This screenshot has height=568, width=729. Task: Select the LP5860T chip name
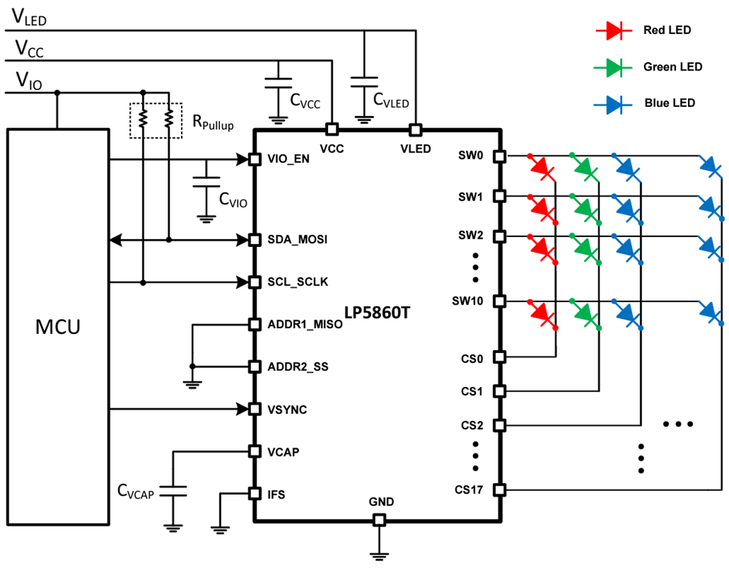376,312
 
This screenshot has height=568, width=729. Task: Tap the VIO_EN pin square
253,159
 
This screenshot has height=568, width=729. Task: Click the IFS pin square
253,494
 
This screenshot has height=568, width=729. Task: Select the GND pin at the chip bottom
378,520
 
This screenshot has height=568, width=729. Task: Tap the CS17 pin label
469,490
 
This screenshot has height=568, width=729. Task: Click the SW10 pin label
468,301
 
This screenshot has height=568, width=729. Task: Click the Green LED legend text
672,67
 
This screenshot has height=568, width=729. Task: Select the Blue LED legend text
669,104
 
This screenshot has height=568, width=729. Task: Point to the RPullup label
213,122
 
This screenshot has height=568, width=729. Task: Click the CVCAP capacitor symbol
174,491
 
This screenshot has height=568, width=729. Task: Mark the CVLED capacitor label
391,102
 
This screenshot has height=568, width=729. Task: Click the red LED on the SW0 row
541,168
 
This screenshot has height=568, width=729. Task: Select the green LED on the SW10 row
585,313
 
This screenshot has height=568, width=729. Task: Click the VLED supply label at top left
28,18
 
